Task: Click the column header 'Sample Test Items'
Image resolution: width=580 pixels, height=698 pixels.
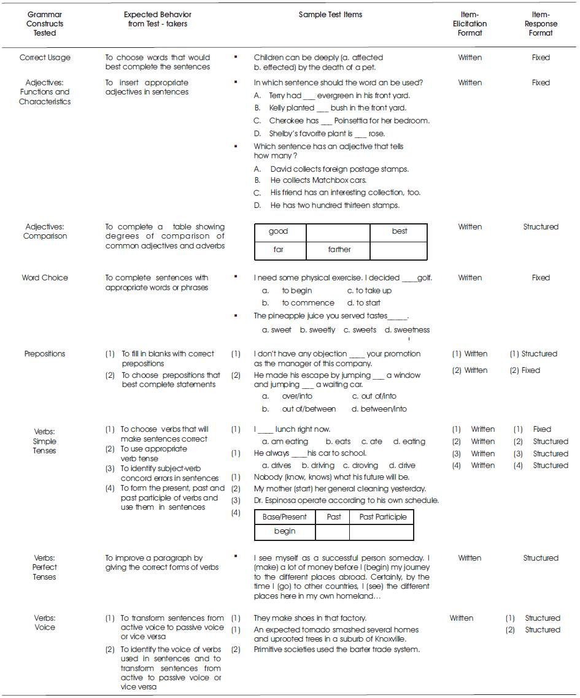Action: pyautogui.click(x=330, y=15)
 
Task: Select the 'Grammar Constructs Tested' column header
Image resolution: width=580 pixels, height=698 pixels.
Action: pyautogui.click(x=45, y=24)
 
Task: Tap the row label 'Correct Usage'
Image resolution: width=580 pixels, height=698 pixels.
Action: pyautogui.click(x=45, y=58)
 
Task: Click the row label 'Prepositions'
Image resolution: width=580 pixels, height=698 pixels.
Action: pyautogui.click(x=45, y=354)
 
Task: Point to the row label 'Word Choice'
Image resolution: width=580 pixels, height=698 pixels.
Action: pyautogui.click(x=45, y=278)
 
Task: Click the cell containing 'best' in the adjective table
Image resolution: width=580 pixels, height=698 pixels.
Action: pyautogui.click(x=400, y=231)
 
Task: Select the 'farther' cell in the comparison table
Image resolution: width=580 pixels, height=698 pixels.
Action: pyautogui.click(x=339, y=250)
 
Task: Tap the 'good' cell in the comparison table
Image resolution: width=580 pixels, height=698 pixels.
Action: pyautogui.click(x=279, y=231)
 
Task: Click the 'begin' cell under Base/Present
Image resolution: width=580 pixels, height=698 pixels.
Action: pyautogui.click(x=285, y=531)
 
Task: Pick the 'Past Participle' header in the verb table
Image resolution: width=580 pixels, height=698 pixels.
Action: pyautogui.click(x=383, y=517)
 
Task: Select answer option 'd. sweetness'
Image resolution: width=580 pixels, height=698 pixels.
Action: pyautogui.click(x=407, y=330)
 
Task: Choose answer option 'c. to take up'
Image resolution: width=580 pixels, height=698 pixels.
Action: pyautogui.click(x=369, y=291)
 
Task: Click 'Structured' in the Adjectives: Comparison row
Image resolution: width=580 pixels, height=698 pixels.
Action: pyautogui.click(x=541, y=227)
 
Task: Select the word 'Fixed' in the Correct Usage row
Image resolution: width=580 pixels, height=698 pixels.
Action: pyautogui.click(x=541, y=58)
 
